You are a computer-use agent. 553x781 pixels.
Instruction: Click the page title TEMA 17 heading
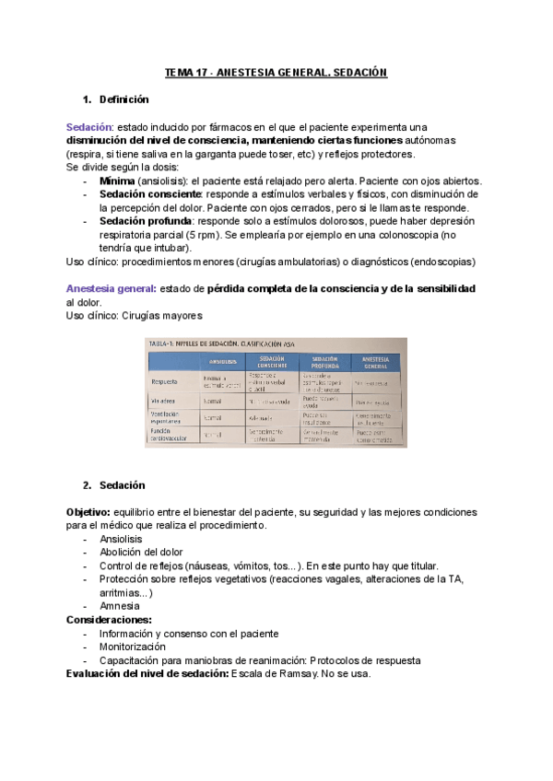pos(276,72)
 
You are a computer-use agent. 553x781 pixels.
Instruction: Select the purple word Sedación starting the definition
pos(88,126)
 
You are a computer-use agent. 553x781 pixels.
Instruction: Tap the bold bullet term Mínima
pos(117,182)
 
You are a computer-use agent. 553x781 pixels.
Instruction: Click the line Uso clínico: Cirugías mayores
pos(134,316)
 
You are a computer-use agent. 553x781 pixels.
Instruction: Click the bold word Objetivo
pos(88,511)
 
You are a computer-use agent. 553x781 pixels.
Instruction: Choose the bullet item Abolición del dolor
pos(140,552)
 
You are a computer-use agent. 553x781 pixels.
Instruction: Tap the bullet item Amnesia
pos(120,606)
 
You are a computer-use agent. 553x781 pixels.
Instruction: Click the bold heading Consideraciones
pos(109,620)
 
